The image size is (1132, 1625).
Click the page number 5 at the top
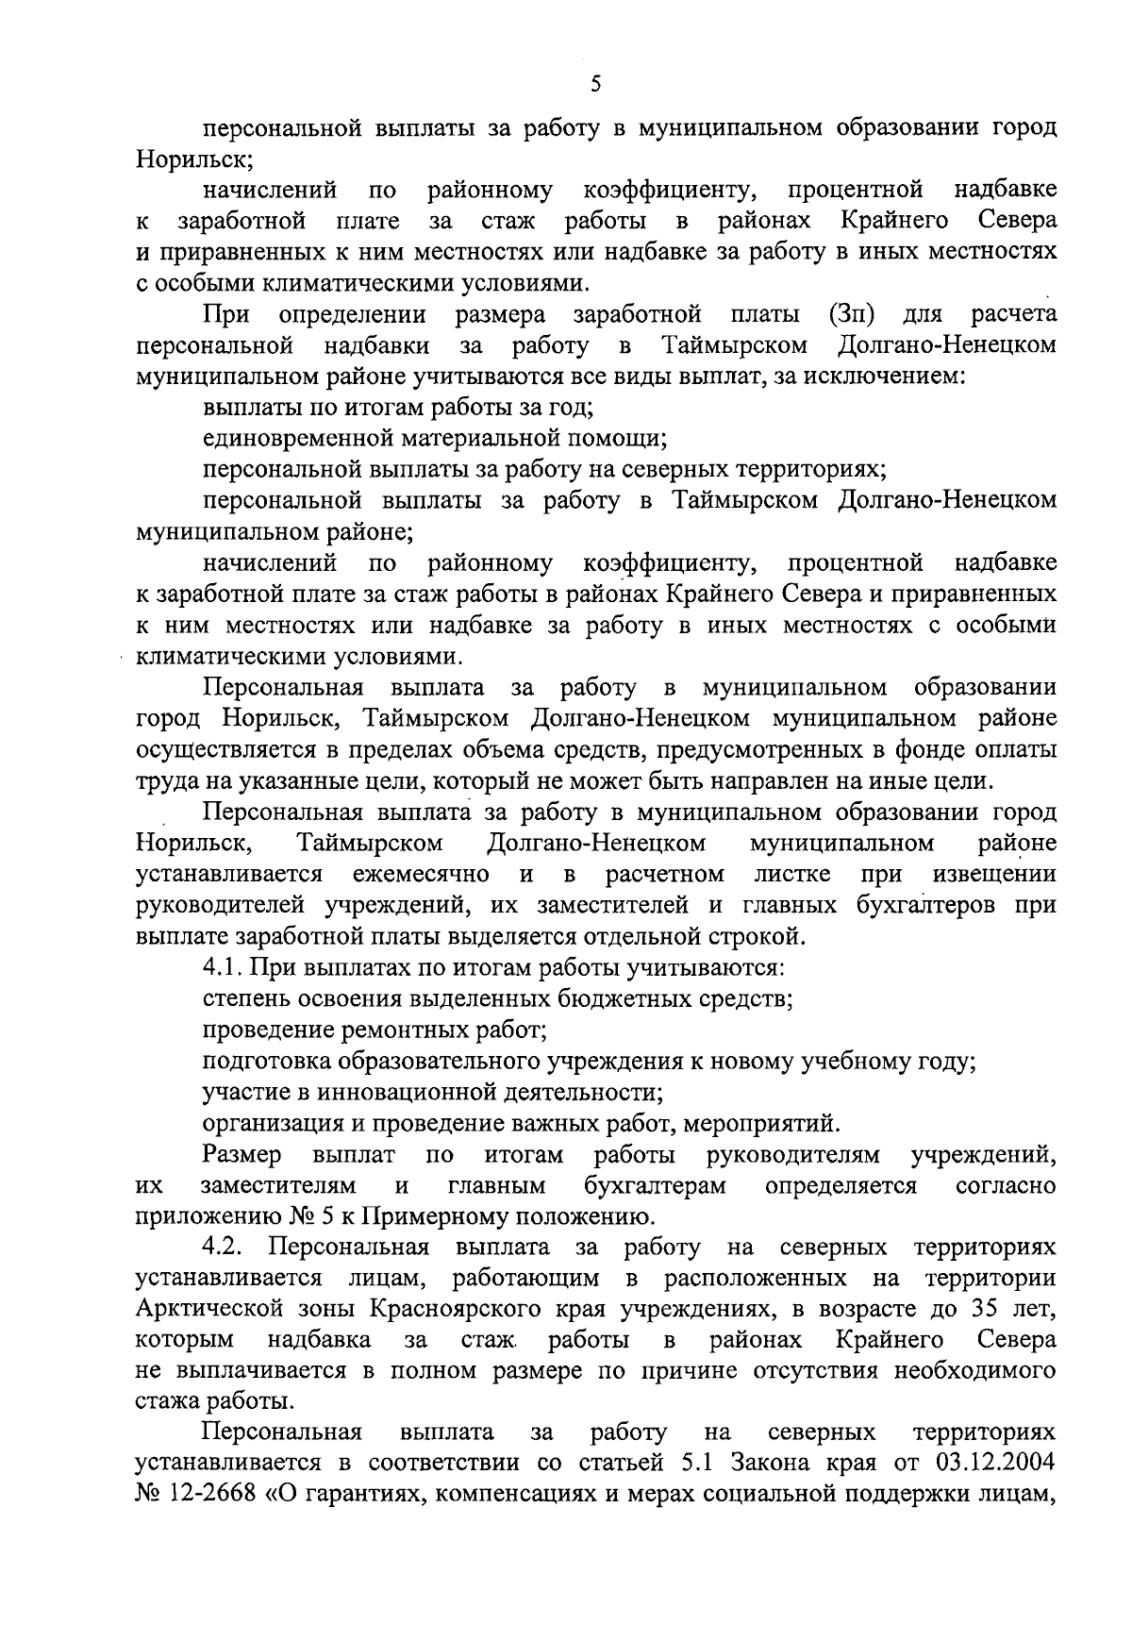[594, 84]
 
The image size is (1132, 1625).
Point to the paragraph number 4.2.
[224, 1248]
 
